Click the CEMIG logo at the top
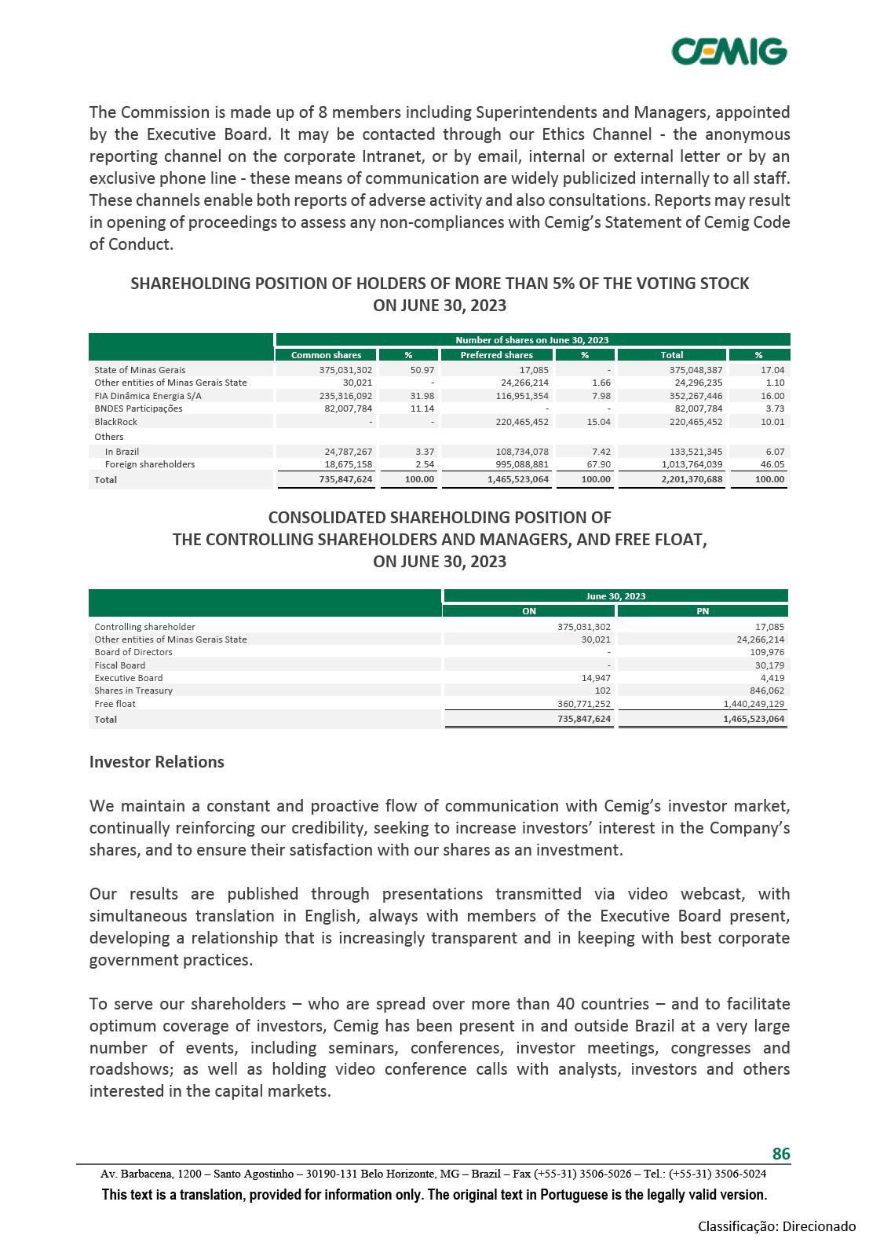coord(728,51)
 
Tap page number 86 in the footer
coord(781,1153)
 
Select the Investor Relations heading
coord(157,762)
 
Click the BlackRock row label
coord(115,422)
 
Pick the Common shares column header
coord(326,355)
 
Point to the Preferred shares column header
coord(496,355)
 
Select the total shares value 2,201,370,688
coord(681,479)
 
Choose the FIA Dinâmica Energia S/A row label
coord(148,396)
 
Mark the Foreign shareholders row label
coord(150,464)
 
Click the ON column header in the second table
coord(529,611)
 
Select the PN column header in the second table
coord(703,611)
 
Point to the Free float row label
coord(115,704)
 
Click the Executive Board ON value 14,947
coord(597,678)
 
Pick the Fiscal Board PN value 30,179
coord(769,665)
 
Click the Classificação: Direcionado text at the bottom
coord(777,1226)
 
